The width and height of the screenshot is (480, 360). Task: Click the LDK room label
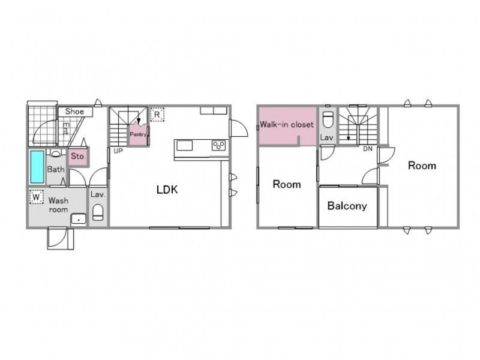167,190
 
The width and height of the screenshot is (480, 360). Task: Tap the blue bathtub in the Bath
37,167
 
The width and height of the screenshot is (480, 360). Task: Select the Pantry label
138,134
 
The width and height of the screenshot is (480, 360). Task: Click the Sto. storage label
78,156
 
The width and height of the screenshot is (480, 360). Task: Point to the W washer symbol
37,197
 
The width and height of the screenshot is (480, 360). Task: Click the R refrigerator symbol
157,115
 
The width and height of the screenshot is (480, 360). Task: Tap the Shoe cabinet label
74,112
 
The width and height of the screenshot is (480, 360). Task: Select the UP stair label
118,151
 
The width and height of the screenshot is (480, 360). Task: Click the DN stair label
368,149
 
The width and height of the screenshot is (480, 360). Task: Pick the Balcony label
347,206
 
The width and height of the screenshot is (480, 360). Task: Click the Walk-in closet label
287,125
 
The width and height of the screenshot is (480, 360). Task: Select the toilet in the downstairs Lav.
98,212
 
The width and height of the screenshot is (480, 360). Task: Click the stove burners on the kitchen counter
218,145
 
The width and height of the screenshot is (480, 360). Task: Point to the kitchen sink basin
185,145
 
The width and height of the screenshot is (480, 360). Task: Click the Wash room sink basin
79,220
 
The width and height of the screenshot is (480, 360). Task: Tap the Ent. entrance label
65,129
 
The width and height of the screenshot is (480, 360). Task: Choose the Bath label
56,169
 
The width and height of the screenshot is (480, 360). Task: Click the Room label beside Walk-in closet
287,184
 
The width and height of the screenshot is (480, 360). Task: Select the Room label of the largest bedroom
422,166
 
